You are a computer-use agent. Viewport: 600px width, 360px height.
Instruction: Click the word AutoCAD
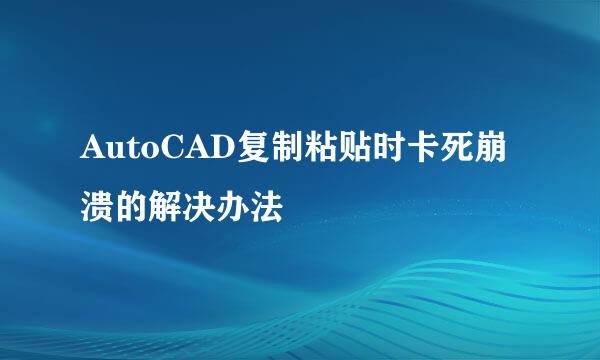(155, 151)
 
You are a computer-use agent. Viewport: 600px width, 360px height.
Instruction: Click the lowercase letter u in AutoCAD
(112, 153)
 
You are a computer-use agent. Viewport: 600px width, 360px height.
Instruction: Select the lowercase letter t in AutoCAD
(128, 152)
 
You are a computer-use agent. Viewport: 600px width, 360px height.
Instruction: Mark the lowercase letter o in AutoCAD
(143, 153)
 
